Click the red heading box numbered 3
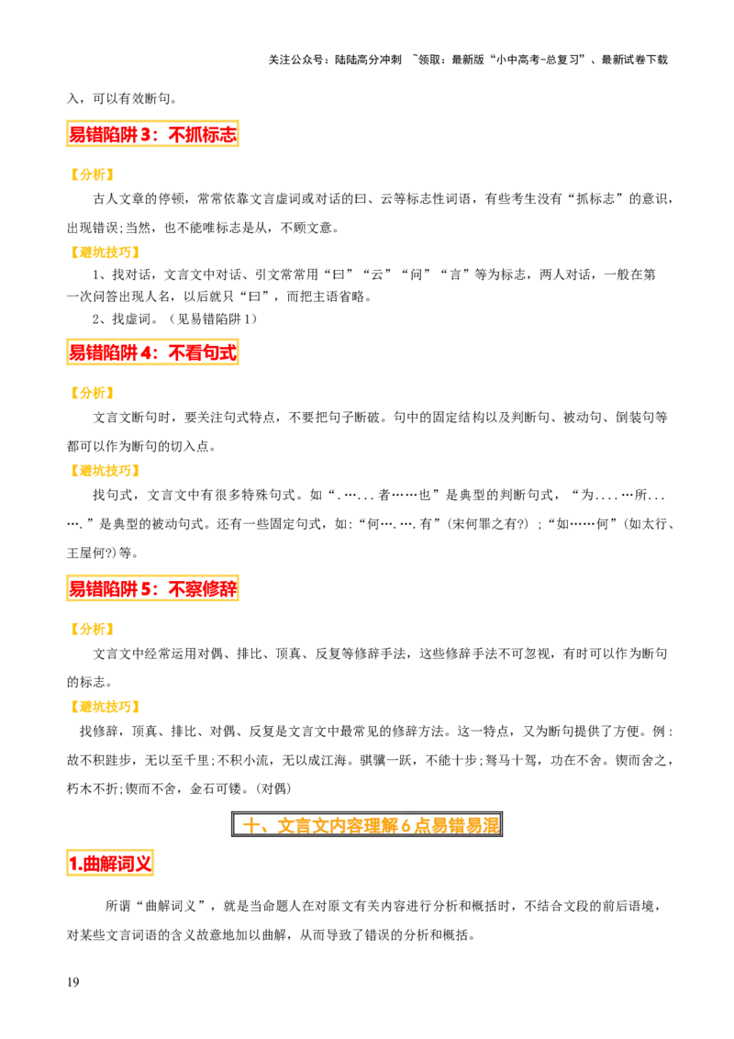150,135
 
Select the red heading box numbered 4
150,352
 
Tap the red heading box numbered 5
150,587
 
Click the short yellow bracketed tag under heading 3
92,173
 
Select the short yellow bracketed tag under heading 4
92,393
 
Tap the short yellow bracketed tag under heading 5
92,629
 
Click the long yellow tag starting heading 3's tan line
104,252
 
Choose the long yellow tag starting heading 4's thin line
104,470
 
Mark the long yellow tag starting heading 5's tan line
104,707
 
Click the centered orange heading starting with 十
371,825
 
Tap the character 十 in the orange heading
250,825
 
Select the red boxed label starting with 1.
110,863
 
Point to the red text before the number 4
103,352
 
